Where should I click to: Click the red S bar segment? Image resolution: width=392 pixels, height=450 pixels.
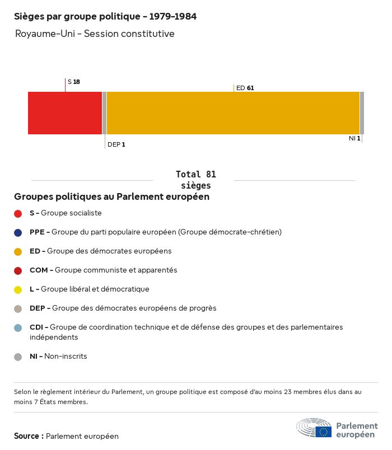65,113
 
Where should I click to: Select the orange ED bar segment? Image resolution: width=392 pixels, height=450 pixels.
233,113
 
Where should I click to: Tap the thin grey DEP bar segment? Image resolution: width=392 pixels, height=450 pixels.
104,113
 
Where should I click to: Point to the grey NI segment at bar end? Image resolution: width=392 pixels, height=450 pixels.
362,113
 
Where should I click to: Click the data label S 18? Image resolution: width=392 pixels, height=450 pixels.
74,82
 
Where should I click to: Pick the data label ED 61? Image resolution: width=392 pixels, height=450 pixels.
245,88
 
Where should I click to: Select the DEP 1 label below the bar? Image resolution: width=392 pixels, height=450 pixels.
116,144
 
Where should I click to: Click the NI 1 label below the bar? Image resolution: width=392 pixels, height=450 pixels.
354,138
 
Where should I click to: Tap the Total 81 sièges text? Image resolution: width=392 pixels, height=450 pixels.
196,180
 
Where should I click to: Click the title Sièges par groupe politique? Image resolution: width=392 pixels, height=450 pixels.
105,17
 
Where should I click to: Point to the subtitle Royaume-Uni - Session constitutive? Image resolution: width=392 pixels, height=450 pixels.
95,34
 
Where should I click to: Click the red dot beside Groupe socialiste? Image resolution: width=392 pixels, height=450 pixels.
18,213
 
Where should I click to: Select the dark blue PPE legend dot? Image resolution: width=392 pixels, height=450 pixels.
18,232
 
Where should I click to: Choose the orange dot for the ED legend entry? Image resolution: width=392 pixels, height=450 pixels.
18,251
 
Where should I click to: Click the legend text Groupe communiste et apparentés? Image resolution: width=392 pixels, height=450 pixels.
115,270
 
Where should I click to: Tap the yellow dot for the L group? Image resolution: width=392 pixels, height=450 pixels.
18,289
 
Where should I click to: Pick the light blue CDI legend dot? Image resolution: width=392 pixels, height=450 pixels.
18,327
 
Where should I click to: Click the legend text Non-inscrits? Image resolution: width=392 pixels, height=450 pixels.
66,356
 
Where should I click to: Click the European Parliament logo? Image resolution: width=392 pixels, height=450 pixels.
337,428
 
